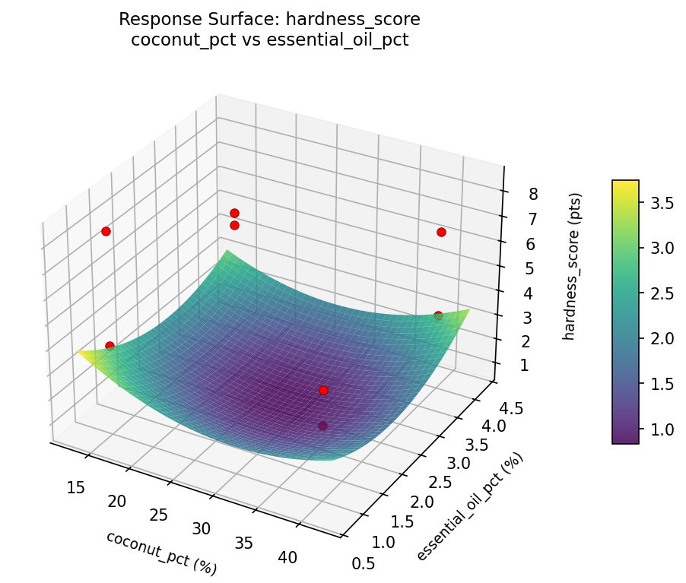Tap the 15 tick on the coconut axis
pyautogui.click(x=75, y=487)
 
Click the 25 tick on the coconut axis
pyautogui.click(x=158, y=515)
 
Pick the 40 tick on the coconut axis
pyautogui.click(x=287, y=557)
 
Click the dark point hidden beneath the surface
pyautogui.click(x=323, y=426)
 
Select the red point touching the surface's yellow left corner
pyautogui.click(x=110, y=346)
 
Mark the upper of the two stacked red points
pyautogui.click(x=234, y=213)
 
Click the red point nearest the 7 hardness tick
pyautogui.click(x=441, y=232)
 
